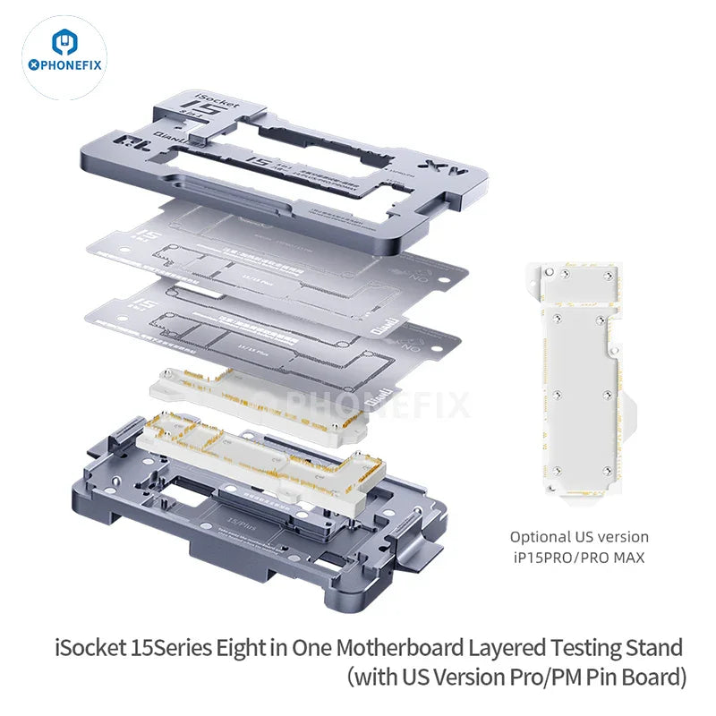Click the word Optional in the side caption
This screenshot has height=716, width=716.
point(541,537)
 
